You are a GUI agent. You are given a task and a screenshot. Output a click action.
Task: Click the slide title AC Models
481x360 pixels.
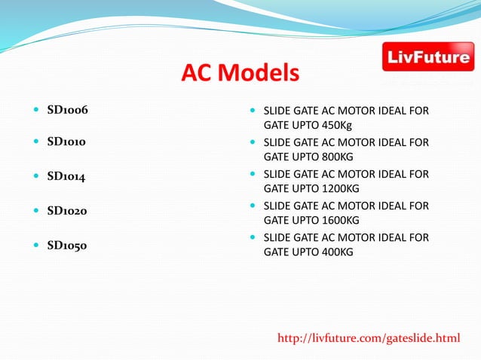point(240,74)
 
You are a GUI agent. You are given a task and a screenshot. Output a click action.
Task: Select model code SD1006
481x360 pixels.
point(67,110)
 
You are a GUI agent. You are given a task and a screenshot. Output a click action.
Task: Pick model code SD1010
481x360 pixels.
point(66,142)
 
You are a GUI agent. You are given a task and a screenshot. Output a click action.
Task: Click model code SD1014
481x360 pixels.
point(66,176)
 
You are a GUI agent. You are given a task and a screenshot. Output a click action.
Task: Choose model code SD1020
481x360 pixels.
point(67,211)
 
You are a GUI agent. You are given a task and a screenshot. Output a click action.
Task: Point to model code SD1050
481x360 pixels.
point(67,245)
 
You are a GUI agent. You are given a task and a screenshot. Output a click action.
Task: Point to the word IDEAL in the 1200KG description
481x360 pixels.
point(398,174)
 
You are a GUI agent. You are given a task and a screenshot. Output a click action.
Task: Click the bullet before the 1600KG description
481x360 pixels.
point(253,206)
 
